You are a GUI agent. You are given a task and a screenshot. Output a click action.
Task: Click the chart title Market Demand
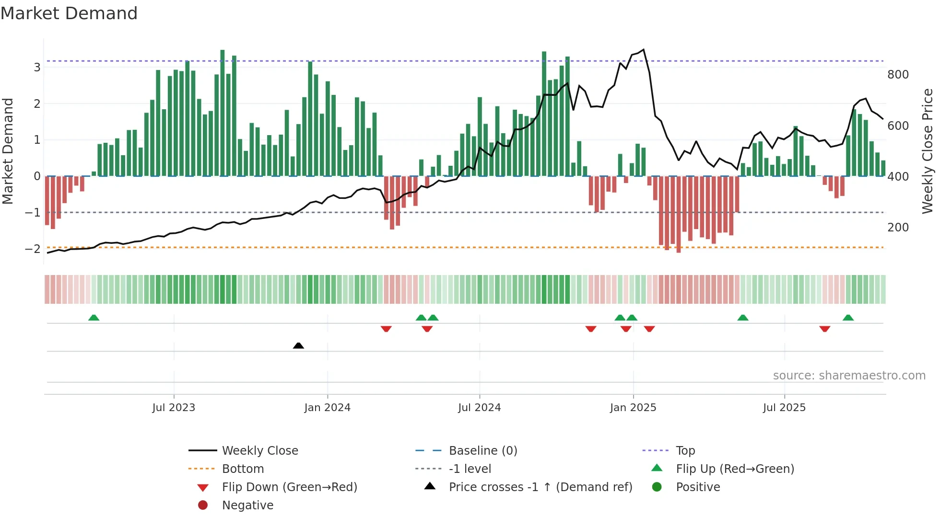click(69, 13)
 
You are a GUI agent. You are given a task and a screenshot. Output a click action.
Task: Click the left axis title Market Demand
click(8, 151)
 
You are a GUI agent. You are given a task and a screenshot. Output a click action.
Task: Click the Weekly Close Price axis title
click(927, 151)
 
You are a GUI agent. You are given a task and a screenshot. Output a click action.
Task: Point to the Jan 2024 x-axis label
click(327, 408)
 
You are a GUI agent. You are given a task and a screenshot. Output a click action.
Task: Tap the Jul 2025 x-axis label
click(784, 408)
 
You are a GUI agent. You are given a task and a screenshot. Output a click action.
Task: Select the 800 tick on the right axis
click(898, 75)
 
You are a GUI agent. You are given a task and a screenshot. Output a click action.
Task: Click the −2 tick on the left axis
click(33, 249)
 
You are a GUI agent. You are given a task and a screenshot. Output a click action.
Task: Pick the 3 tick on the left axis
click(37, 67)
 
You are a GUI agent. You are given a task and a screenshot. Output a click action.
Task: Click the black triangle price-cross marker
click(298, 345)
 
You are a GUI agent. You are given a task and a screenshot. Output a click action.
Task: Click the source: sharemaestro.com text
click(849, 376)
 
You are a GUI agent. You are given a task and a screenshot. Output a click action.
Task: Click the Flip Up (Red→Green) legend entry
click(735, 469)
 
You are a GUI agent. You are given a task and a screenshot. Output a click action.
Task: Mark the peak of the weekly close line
click(643, 49)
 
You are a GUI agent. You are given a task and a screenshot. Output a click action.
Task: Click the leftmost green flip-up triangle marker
click(94, 318)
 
